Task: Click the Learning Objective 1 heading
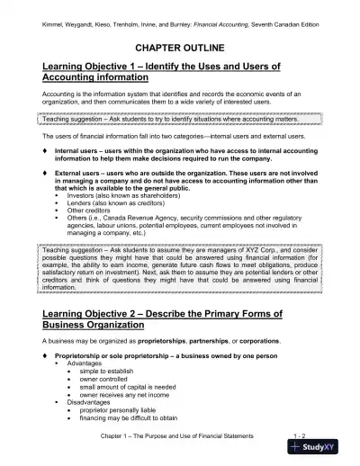(x=163, y=72)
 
